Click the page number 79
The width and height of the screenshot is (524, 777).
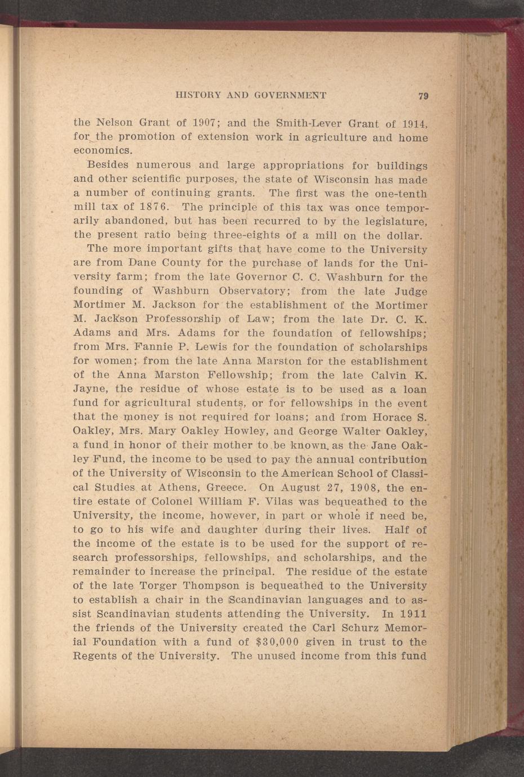coord(424,96)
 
